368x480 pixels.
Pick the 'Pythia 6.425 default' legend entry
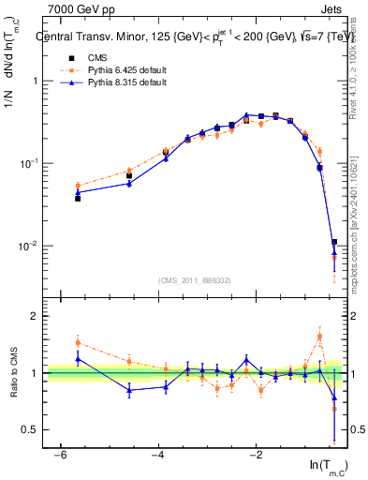122,70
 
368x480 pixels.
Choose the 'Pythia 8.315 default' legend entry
122,82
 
